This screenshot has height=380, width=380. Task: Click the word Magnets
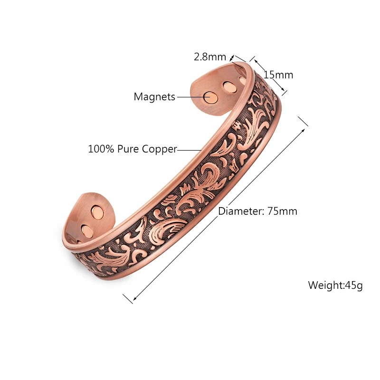click(154, 97)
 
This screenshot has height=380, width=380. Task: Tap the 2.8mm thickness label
click(209, 57)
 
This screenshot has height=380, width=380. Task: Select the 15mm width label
click(279, 75)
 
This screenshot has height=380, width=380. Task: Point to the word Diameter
click(237, 211)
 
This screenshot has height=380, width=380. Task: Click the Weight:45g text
click(335, 285)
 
